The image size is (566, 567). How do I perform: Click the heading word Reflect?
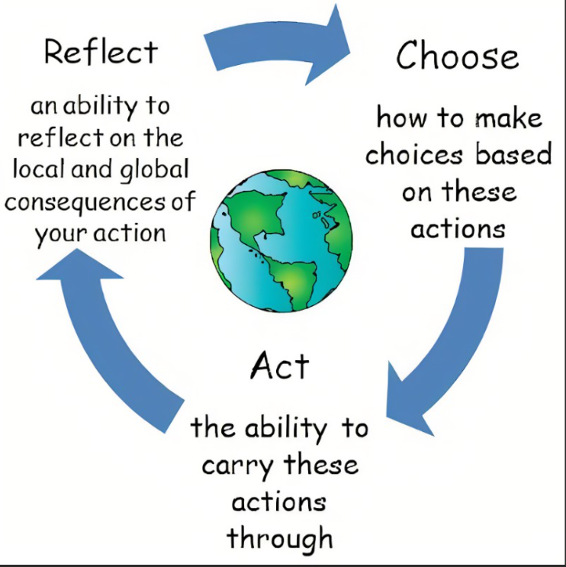[x=101, y=52]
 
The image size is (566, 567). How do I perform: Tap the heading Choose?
[x=457, y=56]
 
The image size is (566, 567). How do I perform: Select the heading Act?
[x=280, y=367]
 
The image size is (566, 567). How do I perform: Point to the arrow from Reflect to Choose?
[x=275, y=46]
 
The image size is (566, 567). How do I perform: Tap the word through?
[x=280, y=537]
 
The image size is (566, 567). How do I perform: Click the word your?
[x=59, y=234]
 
